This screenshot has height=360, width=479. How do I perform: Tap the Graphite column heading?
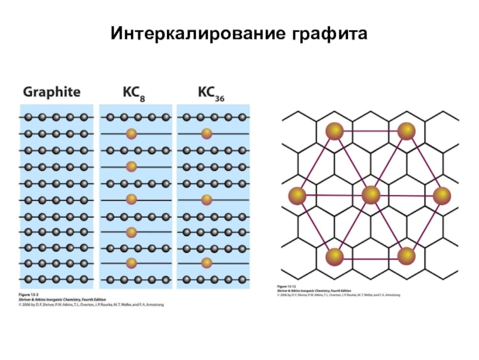(51, 92)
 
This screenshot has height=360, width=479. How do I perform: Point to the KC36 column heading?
(211, 92)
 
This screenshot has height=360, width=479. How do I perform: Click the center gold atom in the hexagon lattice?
(371, 195)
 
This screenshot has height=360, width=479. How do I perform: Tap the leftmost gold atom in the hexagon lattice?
(297, 195)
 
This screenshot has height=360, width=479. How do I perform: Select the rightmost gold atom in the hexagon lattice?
(441, 195)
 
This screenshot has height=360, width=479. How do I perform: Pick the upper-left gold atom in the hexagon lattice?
(334, 131)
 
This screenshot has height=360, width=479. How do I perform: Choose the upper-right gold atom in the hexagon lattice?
(407, 131)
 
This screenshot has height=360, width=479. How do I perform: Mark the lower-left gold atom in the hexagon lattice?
(334, 256)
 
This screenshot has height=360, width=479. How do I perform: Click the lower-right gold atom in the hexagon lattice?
(407, 256)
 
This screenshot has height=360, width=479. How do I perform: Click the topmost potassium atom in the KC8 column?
(132, 134)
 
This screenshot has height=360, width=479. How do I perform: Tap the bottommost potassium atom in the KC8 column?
(132, 263)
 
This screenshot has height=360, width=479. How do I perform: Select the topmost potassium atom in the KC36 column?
(207, 134)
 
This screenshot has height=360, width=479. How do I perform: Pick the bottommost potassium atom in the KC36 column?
(207, 263)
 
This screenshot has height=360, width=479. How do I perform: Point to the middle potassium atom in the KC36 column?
(207, 199)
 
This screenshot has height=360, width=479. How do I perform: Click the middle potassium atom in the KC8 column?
(132, 199)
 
